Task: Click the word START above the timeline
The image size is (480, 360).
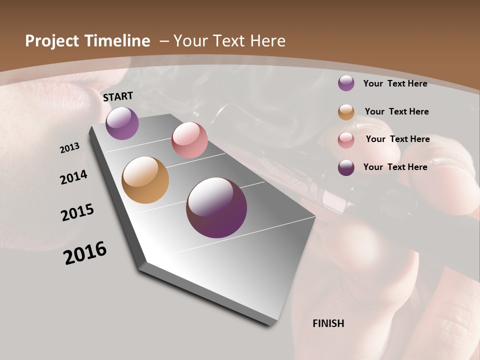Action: click(118, 96)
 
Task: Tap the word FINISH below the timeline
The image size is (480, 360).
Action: click(328, 323)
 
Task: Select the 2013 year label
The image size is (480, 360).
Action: click(70, 147)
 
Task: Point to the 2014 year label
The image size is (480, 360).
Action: click(74, 177)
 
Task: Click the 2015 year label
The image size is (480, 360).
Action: click(77, 212)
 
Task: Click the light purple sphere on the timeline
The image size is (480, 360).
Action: click(122, 123)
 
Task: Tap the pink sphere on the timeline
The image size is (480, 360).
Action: click(189, 139)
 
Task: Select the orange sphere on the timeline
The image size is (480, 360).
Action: click(145, 180)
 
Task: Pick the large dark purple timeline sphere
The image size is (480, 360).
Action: click(216, 207)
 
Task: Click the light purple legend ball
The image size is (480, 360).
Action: click(346, 83)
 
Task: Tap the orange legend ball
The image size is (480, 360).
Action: click(346, 112)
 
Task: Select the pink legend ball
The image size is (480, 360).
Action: click(346, 139)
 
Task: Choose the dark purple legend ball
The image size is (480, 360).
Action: click(346, 167)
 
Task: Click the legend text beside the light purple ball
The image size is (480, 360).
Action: click(395, 83)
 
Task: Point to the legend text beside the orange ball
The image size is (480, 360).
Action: click(396, 111)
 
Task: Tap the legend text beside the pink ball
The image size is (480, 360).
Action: click(397, 139)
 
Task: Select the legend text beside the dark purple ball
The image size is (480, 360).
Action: click(395, 167)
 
